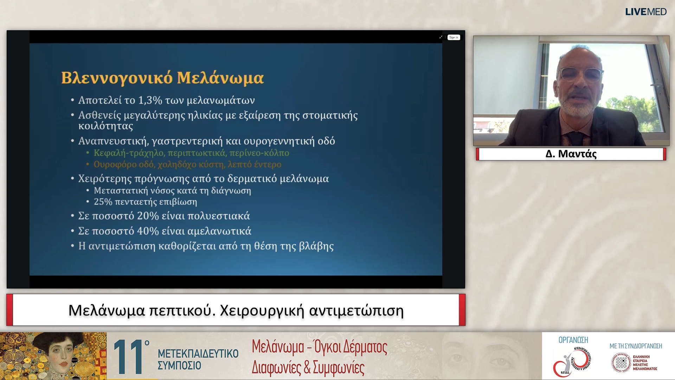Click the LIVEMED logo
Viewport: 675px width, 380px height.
pyautogui.click(x=645, y=12)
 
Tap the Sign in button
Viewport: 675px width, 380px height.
pyautogui.click(x=454, y=37)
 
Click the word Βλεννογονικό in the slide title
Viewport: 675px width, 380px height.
pyautogui.click(x=117, y=78)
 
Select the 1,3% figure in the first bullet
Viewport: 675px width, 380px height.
pyautogui.click(x=150, y=100)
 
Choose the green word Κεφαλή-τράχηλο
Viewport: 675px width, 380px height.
pyautogui.click(x=129, y=153)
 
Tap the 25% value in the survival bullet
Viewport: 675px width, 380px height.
pyautogui.click(x=103, y=202)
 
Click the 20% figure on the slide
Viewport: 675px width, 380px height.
pyautogui.click(x=148, y=216)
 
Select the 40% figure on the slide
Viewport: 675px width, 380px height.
pyautogui.click(x=148, y=231)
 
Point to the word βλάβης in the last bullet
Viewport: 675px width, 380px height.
pyautogui.click(x=316, y=246)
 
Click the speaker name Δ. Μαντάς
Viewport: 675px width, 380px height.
pyautogui.click(x=571, y=154)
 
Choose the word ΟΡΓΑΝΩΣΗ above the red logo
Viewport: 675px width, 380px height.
pyautogui.click(x=573, y=340)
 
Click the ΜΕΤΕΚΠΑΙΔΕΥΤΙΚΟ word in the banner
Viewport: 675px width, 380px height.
pyautogui.click(x=198, y=353)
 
